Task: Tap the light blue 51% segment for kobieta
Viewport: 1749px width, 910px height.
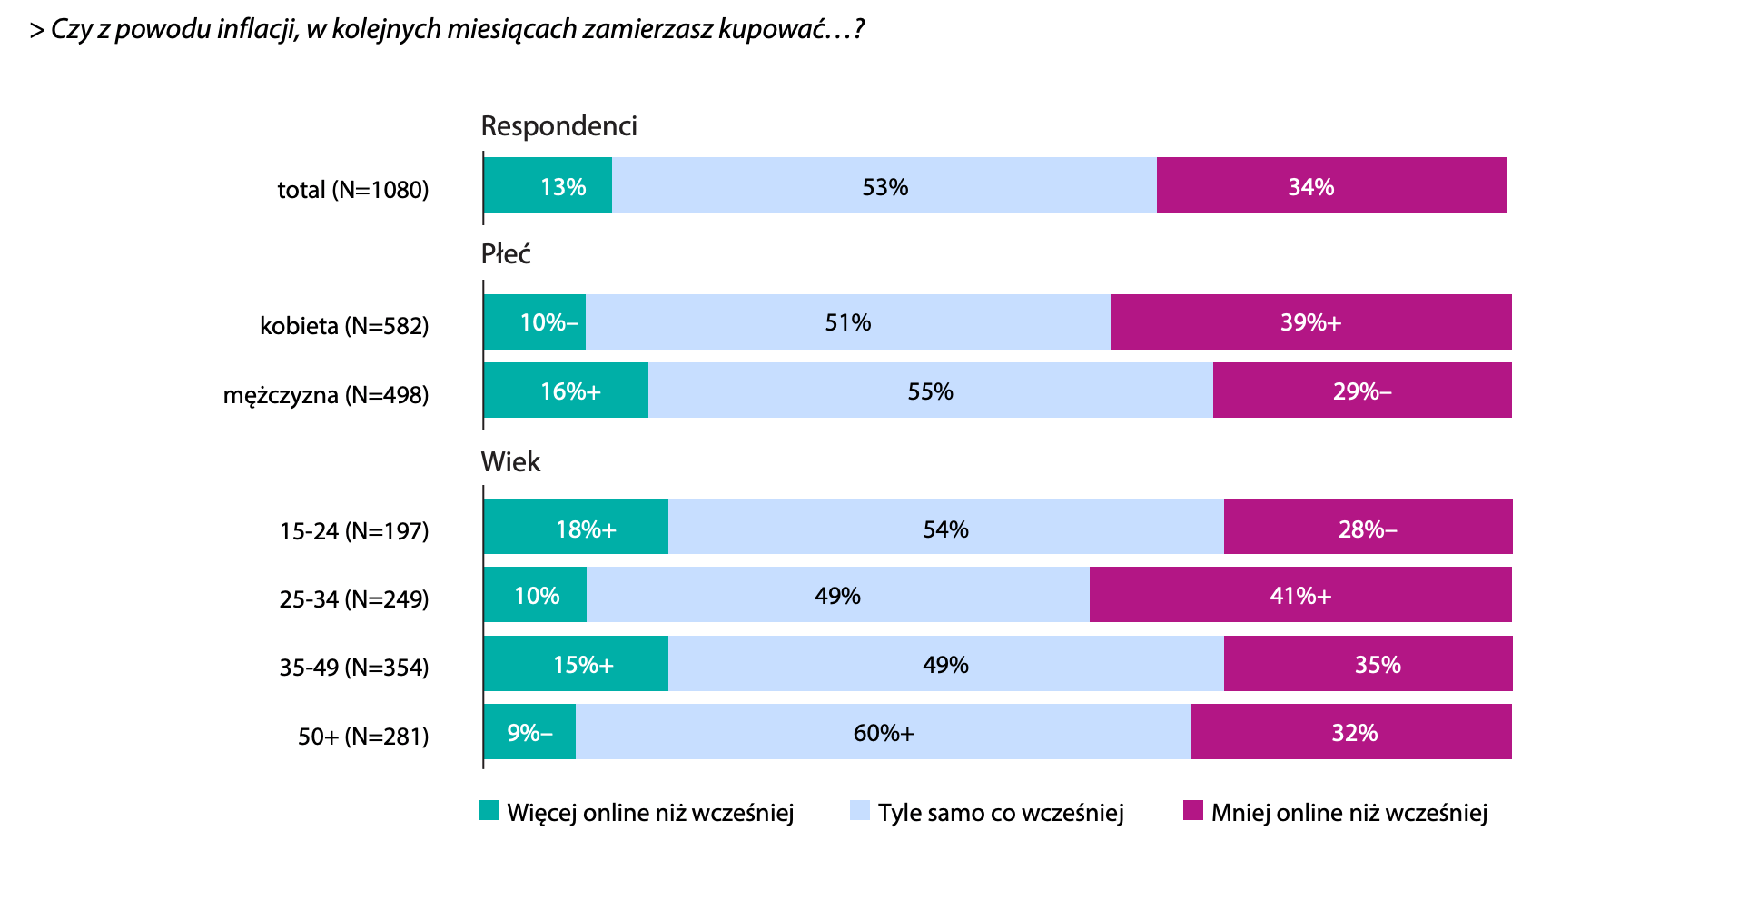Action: [847, 322]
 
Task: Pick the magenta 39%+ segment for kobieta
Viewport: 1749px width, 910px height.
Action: [1310, 322]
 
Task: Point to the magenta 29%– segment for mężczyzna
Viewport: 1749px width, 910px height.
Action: [1362, 391]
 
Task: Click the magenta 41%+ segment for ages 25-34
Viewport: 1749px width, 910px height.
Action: [1300, 595]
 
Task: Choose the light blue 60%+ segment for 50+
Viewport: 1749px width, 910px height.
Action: [883, 732]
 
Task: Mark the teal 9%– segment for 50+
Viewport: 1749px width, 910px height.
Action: [529, 732]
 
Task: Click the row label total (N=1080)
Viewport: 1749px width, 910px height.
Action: [352, 190]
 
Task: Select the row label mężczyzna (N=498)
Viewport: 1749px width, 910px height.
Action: [325, 395]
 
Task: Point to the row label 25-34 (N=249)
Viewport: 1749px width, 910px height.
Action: [353, 599]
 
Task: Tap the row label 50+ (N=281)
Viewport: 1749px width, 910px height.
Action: [363, 736]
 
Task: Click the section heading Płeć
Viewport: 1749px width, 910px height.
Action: [505, 254]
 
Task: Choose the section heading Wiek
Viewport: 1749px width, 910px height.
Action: [510, 462]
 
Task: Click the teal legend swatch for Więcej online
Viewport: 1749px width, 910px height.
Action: [489, 811]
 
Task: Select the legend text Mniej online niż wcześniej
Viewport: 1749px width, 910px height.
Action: [1349, 813]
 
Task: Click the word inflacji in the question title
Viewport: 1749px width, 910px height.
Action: [256, 29]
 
